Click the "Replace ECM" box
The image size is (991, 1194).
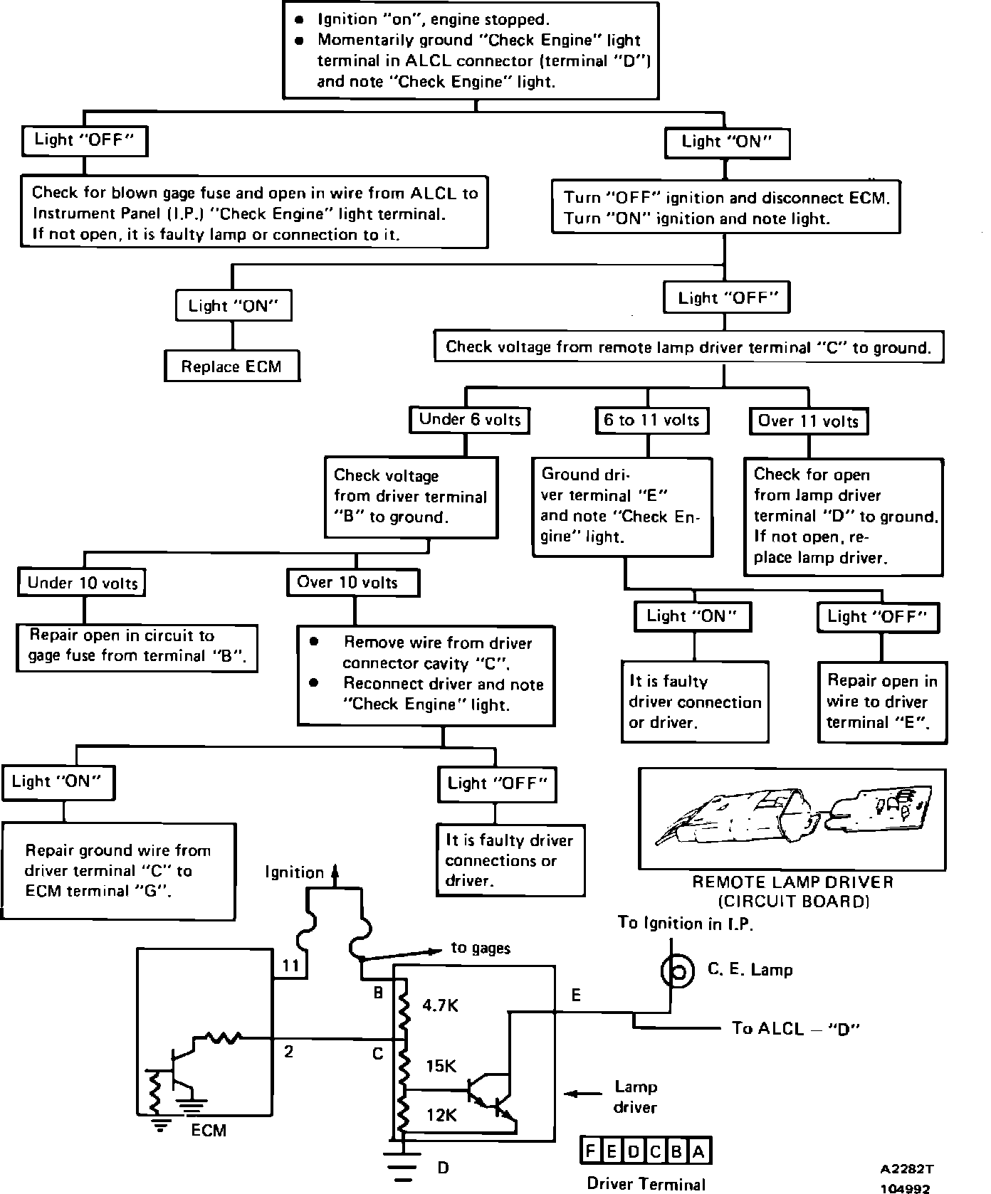click(231, 366)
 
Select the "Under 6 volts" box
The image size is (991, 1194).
click(470, 420)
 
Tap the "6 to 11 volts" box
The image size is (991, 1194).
click(651, 420)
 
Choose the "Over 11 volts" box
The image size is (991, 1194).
click(809, 421)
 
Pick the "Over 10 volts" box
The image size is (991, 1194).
click(353, 583)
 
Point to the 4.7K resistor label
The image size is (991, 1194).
click(440, 1005)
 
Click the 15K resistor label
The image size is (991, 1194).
click(441, 1066)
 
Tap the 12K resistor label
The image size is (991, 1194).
click(441, 1115)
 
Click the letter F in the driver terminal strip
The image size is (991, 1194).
click(592, 1151)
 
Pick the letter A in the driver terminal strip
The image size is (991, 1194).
click(698, 1151)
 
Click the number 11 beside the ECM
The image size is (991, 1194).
click(290, 966)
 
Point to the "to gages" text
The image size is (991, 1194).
click(481, 948)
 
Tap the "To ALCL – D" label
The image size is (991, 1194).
click(796, 1028)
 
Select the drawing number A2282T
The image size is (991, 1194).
click(906, 1168)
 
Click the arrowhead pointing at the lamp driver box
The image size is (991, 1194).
click(571, 1094)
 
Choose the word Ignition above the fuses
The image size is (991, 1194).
click(294, 872)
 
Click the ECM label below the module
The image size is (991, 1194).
click(209, 1130)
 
